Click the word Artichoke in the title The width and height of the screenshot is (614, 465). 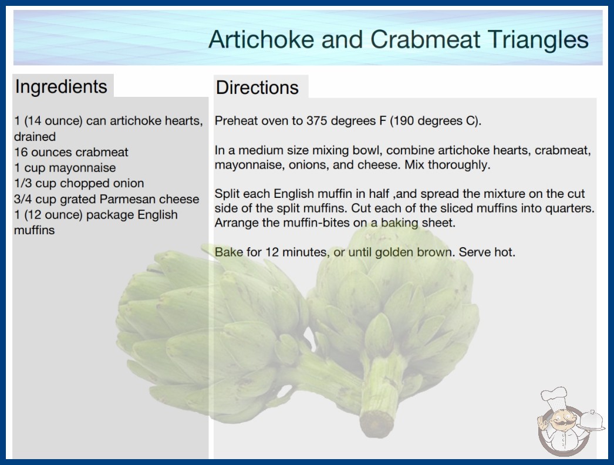261,39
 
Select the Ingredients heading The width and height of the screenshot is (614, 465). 61,87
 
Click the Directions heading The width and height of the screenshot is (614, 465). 257,87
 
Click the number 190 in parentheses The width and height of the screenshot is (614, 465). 404,121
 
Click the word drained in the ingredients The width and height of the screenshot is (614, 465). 35,137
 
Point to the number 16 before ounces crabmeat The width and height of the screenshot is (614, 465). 21,152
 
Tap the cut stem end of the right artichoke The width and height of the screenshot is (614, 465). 376,423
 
